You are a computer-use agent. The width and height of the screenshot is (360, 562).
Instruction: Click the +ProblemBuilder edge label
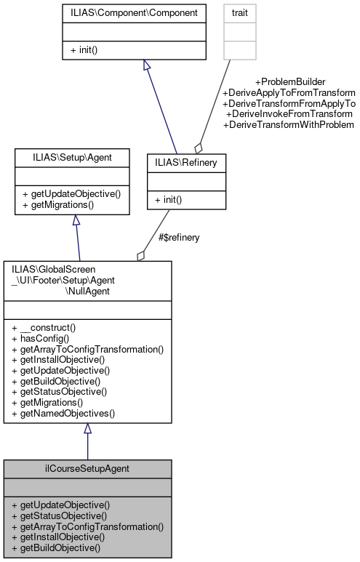click(x=289, y=81)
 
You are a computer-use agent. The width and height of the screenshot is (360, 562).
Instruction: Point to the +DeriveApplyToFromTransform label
click(x=289, y=92)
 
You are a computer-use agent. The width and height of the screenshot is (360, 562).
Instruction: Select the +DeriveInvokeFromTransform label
click(x=289, y=114)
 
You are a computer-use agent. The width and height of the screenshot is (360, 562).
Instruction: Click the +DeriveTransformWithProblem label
click(x=289, y=125)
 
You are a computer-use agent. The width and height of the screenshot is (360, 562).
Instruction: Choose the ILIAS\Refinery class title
click(x=186, y=163)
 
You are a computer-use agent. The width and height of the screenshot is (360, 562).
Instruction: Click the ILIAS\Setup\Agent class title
click(x=72, y=158)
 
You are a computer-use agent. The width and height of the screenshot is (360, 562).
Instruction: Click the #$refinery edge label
click(x=179, y=237)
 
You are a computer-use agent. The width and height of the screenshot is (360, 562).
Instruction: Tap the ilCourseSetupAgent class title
click(x=87, y=468)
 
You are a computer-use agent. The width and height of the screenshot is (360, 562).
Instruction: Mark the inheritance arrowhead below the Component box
click(x=147, y=65)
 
